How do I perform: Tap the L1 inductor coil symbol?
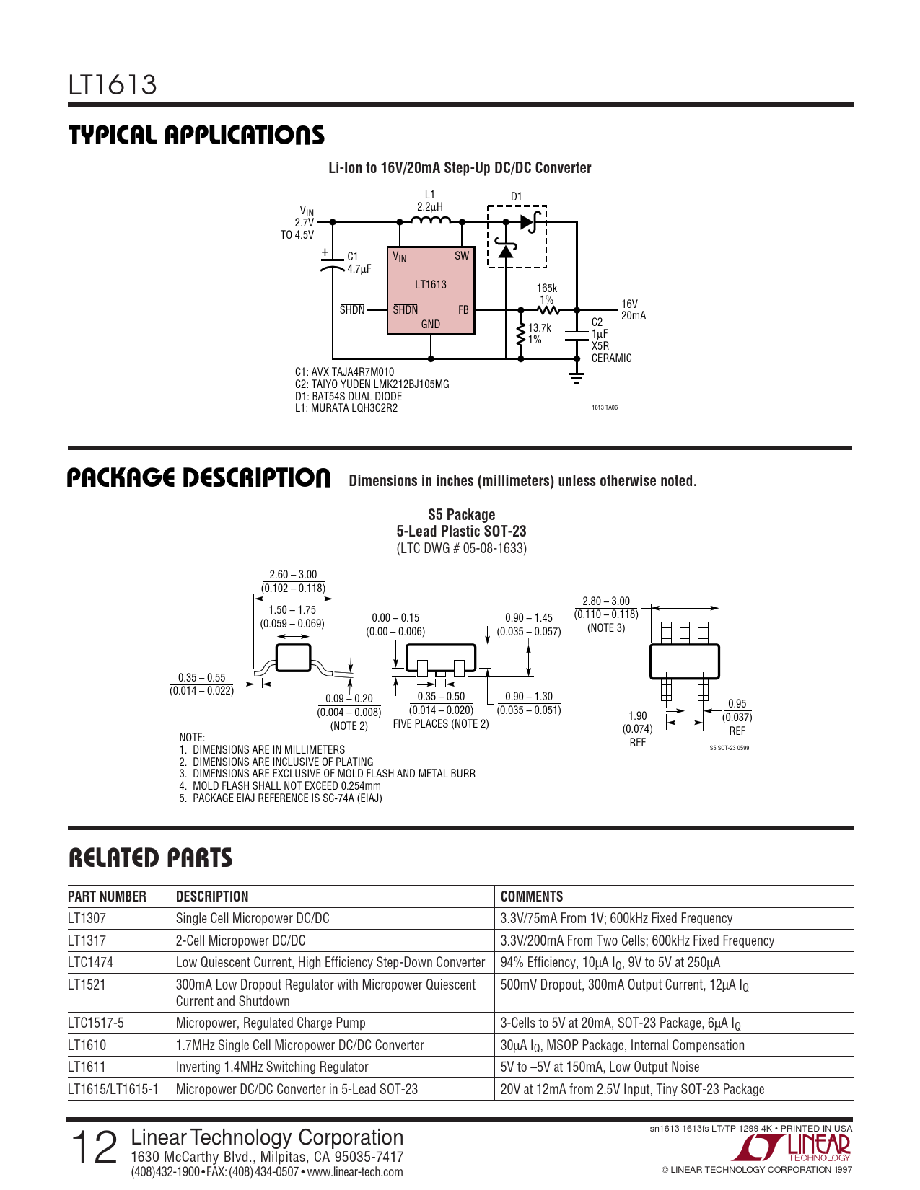[x=431, y=220]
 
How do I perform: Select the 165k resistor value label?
[x=546, y=288]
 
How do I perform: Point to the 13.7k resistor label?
[x=539, y=328]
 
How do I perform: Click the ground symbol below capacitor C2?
[x=577, y=376]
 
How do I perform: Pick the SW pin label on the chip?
[x=462, y=256]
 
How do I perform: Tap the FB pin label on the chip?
[x=463, y=310]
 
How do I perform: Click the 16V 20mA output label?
[x=633, y=310]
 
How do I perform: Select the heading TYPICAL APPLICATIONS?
[x=196, y=136]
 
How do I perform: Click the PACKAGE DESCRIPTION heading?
[x=199, y=478]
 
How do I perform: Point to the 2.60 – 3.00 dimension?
[x=293, y=575]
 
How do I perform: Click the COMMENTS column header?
[x=532, y=896]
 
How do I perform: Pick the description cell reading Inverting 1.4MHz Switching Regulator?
[x=272, y=1067]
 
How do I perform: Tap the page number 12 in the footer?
[x=94, y=1147]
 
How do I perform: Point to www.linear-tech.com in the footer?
[x=355, y=1172]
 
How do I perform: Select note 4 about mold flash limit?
[x=286, y=786]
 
